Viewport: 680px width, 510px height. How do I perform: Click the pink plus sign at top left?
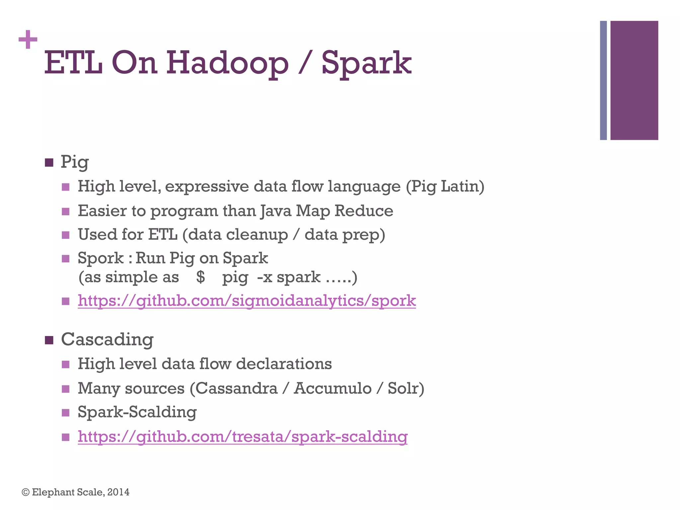point(28,40)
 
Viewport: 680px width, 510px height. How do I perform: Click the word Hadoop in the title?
point(227,63)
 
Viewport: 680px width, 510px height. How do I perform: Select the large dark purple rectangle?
point(634,80)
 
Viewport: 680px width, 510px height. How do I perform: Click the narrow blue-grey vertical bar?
point(603,80)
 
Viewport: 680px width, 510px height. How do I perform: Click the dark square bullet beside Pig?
point(49,163)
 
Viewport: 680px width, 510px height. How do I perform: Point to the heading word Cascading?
point(107,340)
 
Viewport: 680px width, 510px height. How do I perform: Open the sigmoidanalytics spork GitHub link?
point(247,301)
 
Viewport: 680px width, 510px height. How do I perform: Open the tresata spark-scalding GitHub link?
point(242,437)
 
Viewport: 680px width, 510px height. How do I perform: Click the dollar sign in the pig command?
point(201,277)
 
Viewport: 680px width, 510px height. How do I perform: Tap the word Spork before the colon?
point(101,258)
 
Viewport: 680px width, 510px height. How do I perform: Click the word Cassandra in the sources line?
point(236,388)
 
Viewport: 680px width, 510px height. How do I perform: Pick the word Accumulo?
point(332,388)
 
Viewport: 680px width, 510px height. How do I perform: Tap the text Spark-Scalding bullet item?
point(137,412)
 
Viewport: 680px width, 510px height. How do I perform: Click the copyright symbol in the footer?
point(26,492)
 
